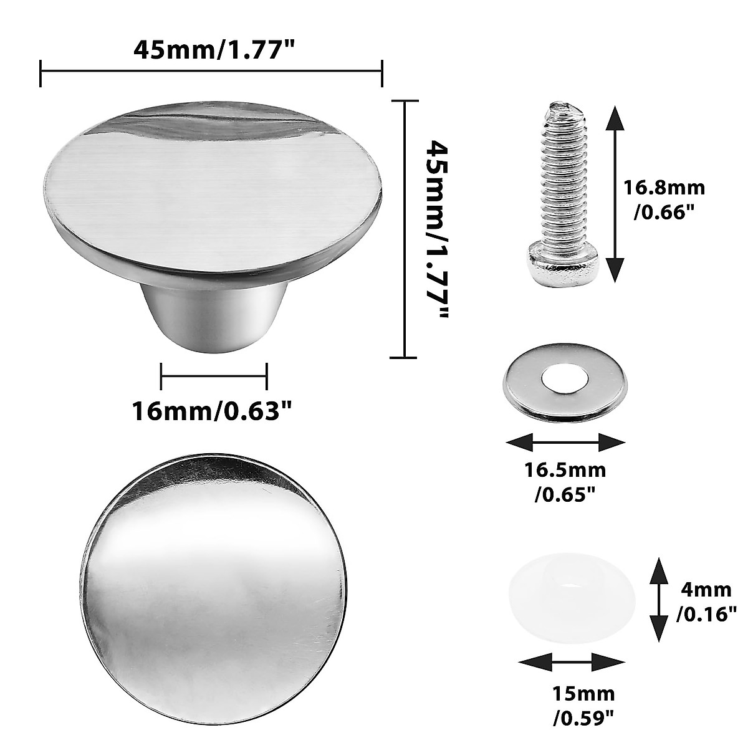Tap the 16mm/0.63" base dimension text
point(212,411)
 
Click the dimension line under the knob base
point(214,376)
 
